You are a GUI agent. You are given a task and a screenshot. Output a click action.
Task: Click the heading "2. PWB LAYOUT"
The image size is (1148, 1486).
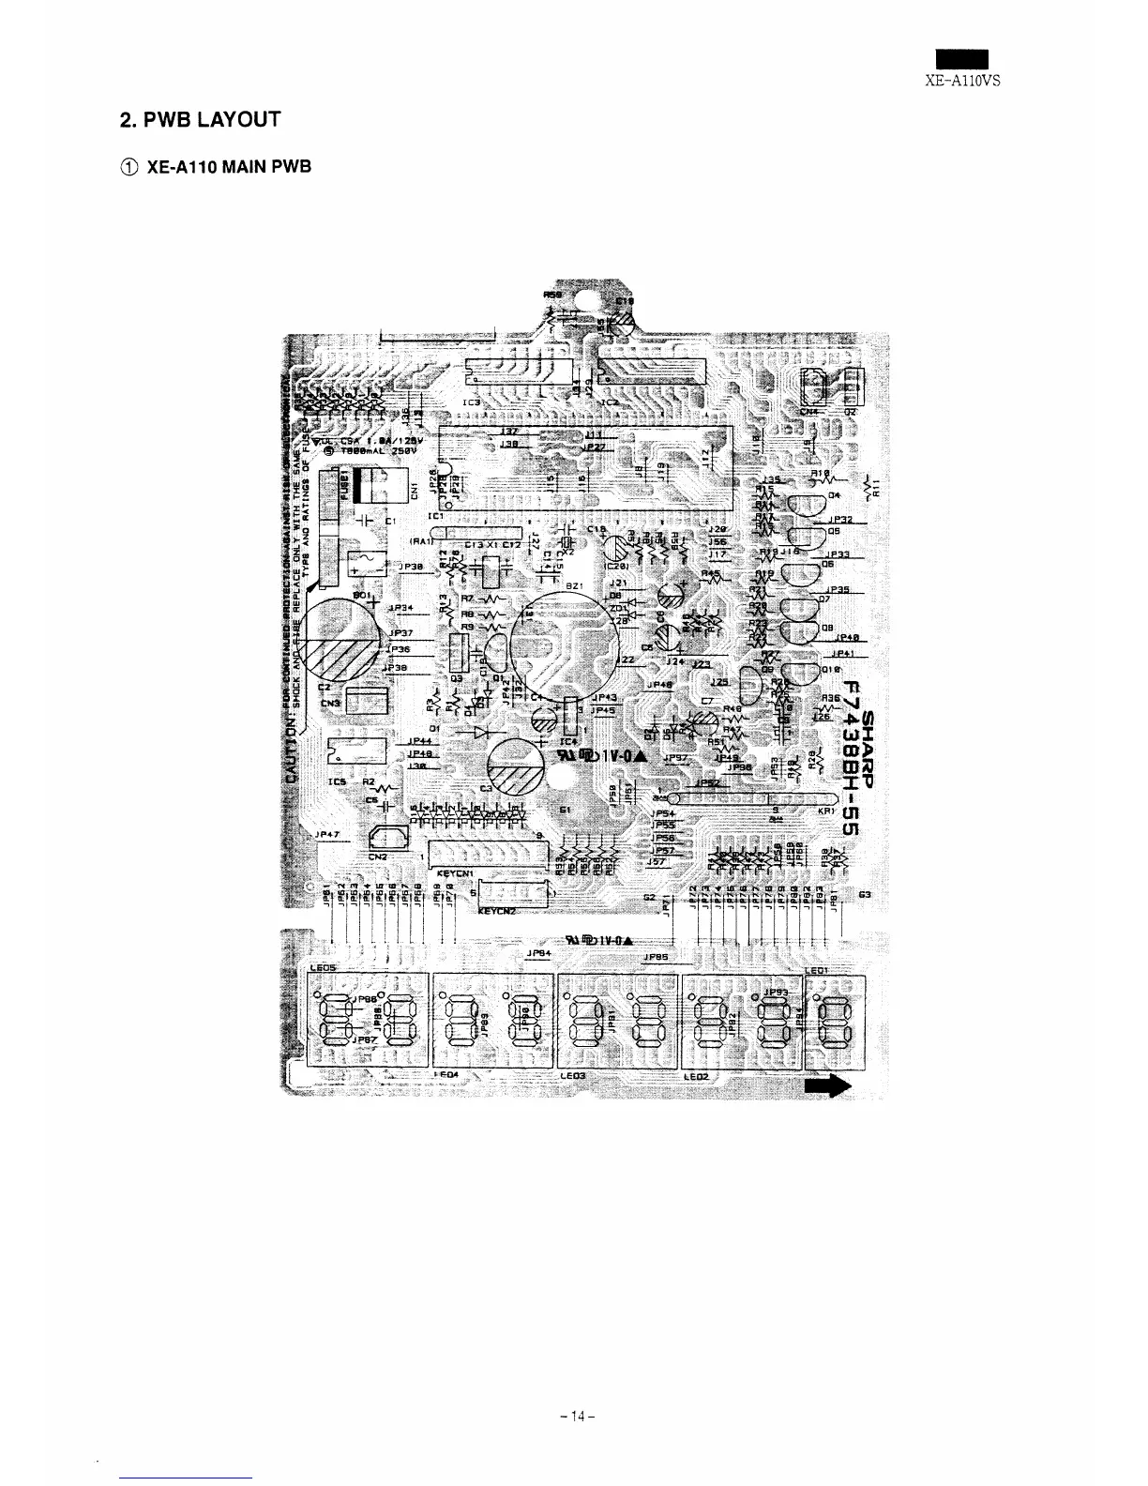coord(200,119)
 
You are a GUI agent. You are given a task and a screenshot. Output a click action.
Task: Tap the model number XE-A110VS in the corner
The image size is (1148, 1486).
coord(963,81)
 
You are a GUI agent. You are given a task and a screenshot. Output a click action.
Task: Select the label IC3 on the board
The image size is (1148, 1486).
coord(471,402)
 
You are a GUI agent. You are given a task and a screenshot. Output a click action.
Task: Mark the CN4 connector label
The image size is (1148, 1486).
coord(808,410)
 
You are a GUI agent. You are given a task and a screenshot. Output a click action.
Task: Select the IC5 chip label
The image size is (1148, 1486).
coord(337,781)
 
